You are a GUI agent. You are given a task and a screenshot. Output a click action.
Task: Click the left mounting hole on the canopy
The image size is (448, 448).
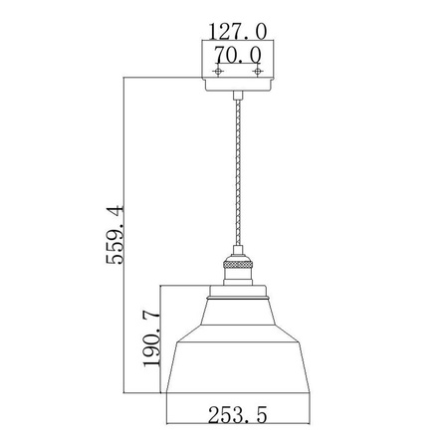(x=216, y=73)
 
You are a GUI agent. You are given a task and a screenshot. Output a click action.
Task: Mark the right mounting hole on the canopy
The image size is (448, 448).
(x=257, y=73)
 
